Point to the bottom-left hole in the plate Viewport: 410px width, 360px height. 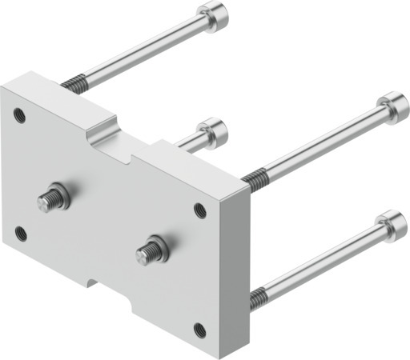(x=22, y=234)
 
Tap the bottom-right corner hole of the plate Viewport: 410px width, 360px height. (x=199, y=329)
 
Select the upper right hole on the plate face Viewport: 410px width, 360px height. (x=200, y=210)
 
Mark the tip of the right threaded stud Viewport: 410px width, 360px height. (x=143, y=255)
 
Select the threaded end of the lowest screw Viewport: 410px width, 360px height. (x=258, y=299)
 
